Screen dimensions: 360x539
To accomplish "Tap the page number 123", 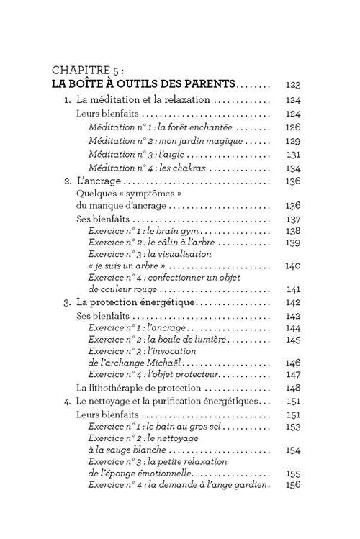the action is coord(292,84).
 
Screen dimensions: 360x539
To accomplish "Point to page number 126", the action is coord(292,127).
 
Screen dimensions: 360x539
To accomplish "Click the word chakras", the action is coord(189,168).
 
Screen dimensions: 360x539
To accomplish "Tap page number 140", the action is coord(292,266).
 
